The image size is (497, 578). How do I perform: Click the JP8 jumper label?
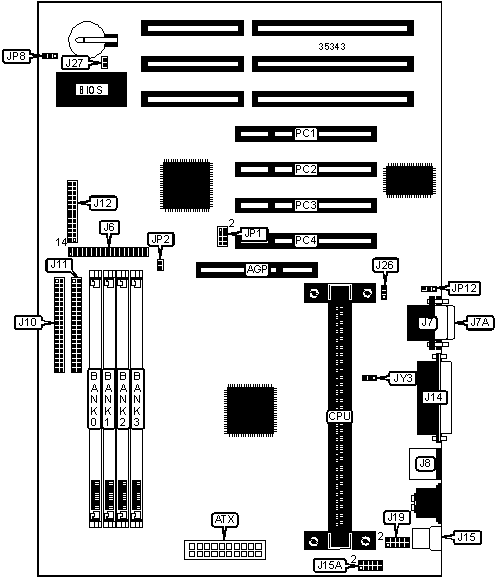tap(17, 56)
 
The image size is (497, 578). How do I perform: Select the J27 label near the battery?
tap(75, 63)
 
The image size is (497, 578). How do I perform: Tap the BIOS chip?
tap(91, 90)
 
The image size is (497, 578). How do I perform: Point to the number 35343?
tap(332, 46)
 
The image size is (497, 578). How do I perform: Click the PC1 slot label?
tap(306, 133)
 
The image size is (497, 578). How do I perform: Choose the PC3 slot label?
tap(306, 205)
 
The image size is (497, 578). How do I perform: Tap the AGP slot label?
tap(257, 269)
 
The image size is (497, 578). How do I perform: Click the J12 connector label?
tap(103, 203)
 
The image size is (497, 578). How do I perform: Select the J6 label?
tap(110, 227)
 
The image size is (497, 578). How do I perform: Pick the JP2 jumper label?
tap(161, 240)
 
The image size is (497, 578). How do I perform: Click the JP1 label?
tap(253, 233)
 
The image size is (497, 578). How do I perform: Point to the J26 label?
tap(385, 265)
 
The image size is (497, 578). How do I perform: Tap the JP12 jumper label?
tap(464, 288)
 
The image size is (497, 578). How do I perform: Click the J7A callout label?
tap(480, 322)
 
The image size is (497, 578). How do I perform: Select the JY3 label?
tap(403, 378)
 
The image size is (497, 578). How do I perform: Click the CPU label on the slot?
tap(340, 416)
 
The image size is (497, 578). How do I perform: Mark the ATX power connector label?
tap(225, 520)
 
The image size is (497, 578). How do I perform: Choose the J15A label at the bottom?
tap(329, 565)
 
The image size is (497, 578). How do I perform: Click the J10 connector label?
tap(28, 322)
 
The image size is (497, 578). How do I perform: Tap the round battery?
tap(87, 39)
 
